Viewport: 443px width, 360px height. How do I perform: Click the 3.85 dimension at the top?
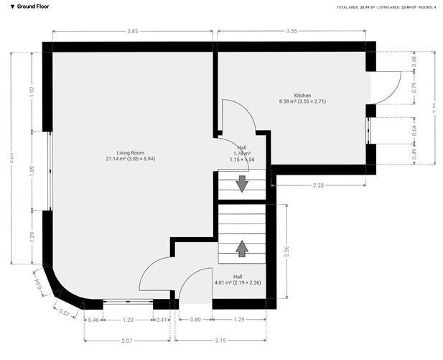(x=132, y=32)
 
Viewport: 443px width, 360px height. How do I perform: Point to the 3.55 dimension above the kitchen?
(x=291, y=32)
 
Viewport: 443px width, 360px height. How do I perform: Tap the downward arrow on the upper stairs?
(x=242, y=183)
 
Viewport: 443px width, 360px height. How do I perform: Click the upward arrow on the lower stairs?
(x=242, y=248)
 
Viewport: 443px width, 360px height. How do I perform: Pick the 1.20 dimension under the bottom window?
(x=129, y=319)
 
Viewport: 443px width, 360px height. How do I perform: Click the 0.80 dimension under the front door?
(x=195, y=319)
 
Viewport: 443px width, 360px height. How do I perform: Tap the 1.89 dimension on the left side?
(x=31, y=170)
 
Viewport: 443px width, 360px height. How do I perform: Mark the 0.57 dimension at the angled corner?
(x=64, y=313)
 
